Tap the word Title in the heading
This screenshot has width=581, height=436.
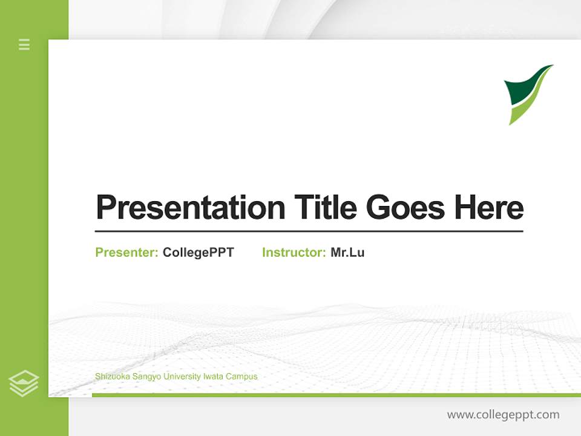click(x=326, y=208)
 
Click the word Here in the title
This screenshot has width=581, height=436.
click(x=489, y=208)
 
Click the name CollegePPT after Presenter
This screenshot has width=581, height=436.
click(x=198, y=253)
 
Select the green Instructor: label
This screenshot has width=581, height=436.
click(x=294, y=253)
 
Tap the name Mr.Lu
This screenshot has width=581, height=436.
click(x=347, y=253)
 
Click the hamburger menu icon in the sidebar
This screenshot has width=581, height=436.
click(x=24, y=44)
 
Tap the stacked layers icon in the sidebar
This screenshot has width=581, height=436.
click(x=24, y=383)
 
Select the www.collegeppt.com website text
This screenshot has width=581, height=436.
click(x=503, y=415)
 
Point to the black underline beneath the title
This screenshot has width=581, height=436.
click(x=309, y=231)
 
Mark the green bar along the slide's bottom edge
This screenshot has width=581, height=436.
click(x=336, y=395)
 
